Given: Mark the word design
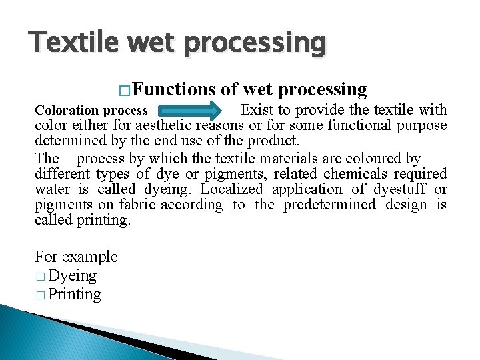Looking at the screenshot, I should [407, 205].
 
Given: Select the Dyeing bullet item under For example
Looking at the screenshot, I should [72, 275].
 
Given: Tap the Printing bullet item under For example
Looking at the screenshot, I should [75, 294].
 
